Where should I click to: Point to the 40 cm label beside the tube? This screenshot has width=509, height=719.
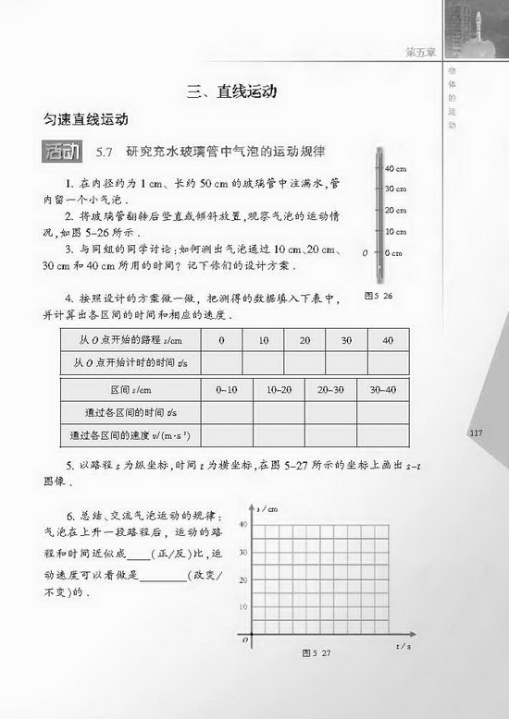(x=394, y=168)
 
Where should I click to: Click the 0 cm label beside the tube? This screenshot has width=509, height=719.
(x=392, y=252)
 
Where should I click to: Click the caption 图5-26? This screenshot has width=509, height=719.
(x=379, y=296)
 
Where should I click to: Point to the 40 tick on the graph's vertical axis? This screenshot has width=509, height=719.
(x=243, y=525)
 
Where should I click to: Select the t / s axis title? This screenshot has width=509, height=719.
(x=403, y=646)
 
